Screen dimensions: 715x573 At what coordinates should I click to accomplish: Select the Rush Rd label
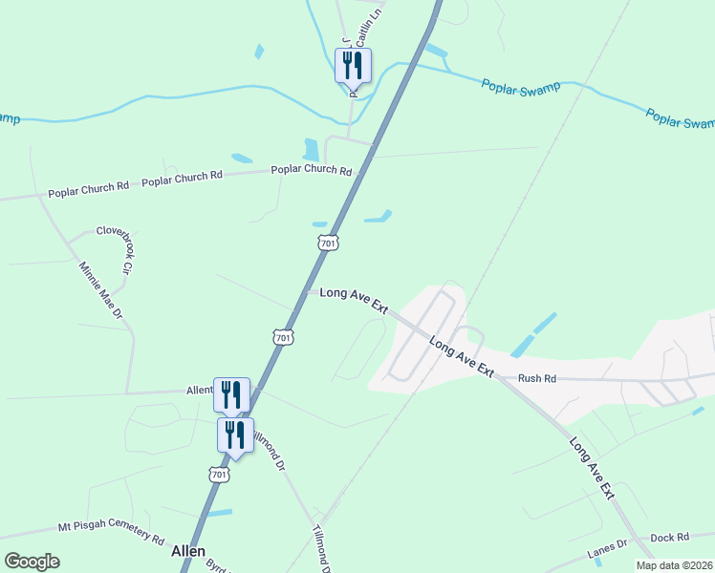536,378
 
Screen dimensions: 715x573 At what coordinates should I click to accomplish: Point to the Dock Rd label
668,539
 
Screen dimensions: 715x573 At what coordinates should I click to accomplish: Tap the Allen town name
188,551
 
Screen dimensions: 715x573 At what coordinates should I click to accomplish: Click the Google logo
32,562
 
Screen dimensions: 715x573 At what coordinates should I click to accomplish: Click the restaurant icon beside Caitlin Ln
353,66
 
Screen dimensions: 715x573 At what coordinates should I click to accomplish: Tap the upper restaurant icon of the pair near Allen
231,394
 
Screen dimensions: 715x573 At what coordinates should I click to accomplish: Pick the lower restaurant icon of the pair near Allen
235,435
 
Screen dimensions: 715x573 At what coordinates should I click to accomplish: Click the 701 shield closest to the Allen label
219,475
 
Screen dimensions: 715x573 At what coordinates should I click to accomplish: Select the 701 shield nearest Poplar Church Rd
328,244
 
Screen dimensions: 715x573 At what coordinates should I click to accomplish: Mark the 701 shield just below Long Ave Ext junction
282,337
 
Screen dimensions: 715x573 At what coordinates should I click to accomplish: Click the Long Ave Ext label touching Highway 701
354,301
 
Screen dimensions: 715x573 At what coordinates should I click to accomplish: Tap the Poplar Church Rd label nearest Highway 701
312,170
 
